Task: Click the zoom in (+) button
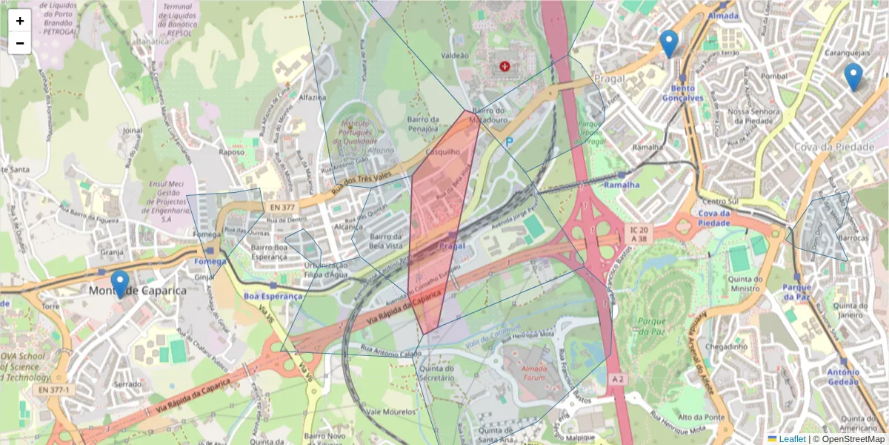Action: pyautogui.click(x=20, y=21)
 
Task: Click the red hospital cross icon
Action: pyautogui.click(x=505, y=66)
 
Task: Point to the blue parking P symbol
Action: pyautogui.click(x=509, y=141)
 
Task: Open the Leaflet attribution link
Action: pyautogui.click(x=791, y=439)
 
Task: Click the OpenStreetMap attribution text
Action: pyautogui.click(x=848, y=439)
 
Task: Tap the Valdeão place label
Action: pyautogui.click(x=455, y=56)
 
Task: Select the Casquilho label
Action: pyautogui.click(x=443, y=151)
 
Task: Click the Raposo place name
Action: pyautogui.click(x=231, y=152)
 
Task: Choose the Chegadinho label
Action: pyautogui.click(x=727, y=346)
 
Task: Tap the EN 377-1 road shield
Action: pyautogui.click(x=53, y=389)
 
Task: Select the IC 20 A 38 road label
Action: pyautogui.click(x=639, y=234)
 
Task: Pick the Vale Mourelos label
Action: pyautogui.click(x=390, y=412)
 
